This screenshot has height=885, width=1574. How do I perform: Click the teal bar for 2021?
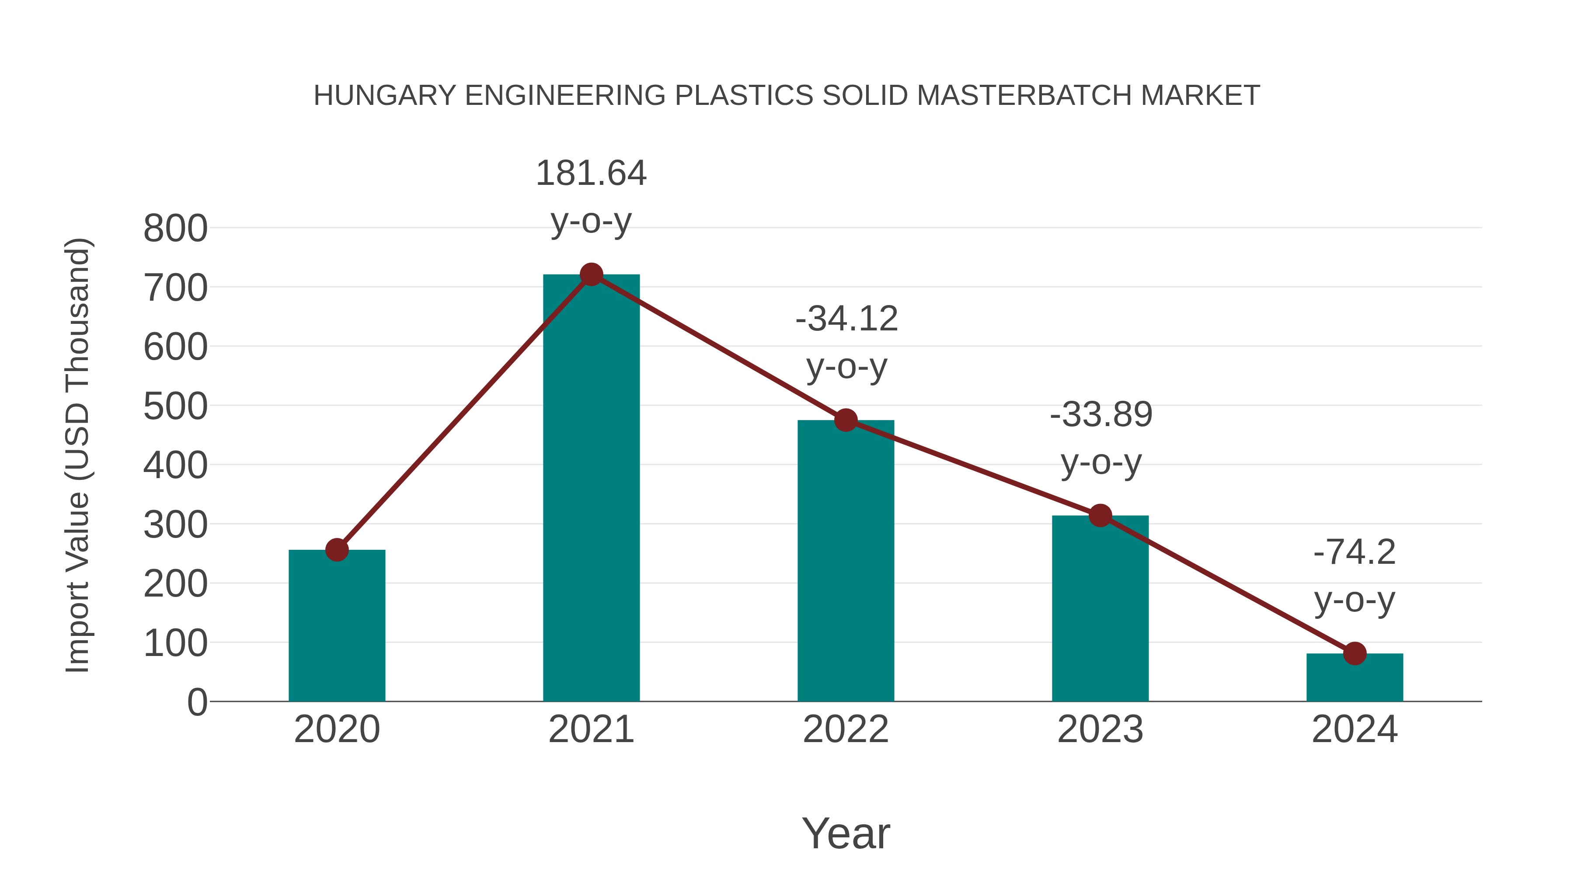(x=591, y=489)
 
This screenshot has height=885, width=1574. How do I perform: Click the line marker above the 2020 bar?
(x=337, y=550)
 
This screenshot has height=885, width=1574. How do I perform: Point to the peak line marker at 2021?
(x=591, y=275)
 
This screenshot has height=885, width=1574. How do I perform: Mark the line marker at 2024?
(x=1355, y=653)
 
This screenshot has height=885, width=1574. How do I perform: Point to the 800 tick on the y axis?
(x=175, y=229)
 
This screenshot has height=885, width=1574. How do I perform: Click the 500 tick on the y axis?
(x=175, y=407)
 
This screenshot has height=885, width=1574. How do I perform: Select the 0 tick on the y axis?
(x=197, y=702)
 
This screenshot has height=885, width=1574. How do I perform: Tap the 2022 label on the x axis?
(x=846, y=729)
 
